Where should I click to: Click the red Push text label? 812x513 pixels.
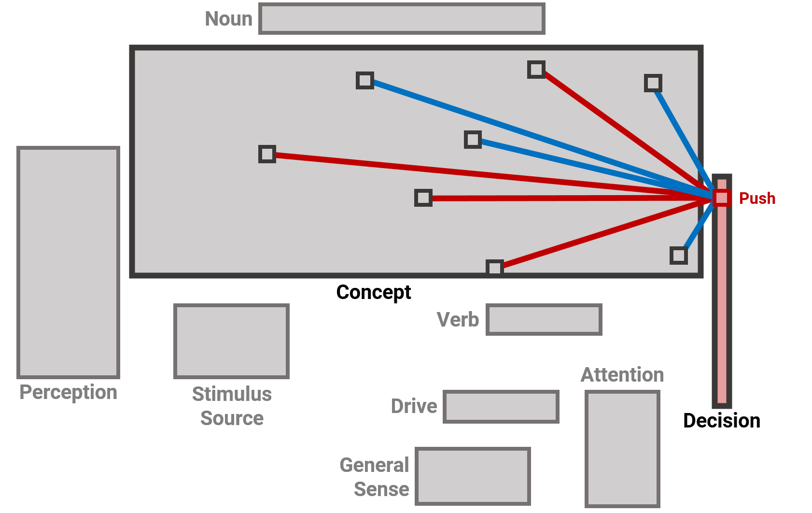coord(757,198)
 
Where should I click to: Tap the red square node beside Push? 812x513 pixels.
coord(722,198)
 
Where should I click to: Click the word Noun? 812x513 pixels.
coord(228,19)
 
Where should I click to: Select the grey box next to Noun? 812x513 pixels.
coord(402,19)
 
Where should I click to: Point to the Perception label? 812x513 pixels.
coord(68,392)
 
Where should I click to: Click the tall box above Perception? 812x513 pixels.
coord(68,262)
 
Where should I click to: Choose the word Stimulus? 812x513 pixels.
coord(232,394)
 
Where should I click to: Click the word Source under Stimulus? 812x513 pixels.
coord(232,418)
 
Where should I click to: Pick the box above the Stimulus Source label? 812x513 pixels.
coord(231,341)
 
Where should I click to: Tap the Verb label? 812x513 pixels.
coord(458,320)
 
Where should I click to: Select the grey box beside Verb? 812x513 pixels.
coord(544,319)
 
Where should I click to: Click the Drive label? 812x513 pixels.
coord(414,406)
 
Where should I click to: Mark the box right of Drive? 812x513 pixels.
coord(501,407)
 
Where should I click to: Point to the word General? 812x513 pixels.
coord(374,465)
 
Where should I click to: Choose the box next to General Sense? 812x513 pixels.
coord(473,476)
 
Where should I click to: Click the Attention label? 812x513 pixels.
coord(622,375)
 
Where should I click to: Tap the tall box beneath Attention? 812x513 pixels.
coord(622,449)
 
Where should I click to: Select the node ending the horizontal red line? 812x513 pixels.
coord(423,198)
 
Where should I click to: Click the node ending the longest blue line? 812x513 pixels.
coord(365,80)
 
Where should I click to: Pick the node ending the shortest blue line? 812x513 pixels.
coord(679,256)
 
